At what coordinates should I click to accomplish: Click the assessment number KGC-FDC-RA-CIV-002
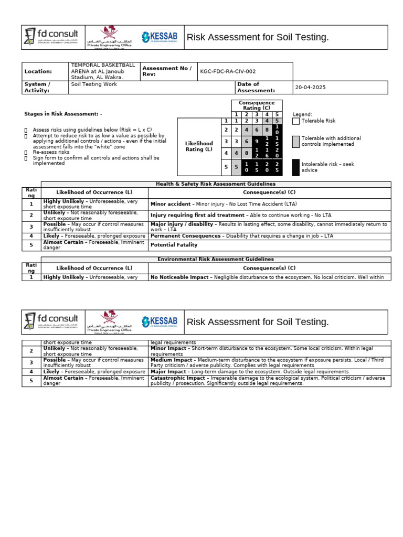click(x=228, y=71)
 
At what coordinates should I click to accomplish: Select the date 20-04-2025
click(x=311, y=88)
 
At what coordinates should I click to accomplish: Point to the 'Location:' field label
click(x=38, y=71)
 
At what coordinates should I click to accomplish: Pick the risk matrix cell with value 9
click(x=256, y=141)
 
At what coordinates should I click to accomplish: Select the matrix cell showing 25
click(x=277, y=168)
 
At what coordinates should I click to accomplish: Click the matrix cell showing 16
click(x=267, y=153)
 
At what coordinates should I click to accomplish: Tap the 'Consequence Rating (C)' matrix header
click(x=257, y=105)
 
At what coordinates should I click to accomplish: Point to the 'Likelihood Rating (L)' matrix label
click(x=199, y=146)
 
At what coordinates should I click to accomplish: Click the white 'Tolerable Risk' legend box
click(x=296, y=121)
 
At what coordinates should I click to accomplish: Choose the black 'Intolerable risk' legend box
click(x=296, y=167)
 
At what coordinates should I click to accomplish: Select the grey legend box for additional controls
click(x=296, y=141)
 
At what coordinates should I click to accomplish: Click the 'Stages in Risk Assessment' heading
click(x=63, y=114)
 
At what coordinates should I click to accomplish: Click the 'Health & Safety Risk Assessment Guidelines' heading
click(x=216, y=184)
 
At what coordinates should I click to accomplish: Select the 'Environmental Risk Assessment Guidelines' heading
click(x=216, y=259)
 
